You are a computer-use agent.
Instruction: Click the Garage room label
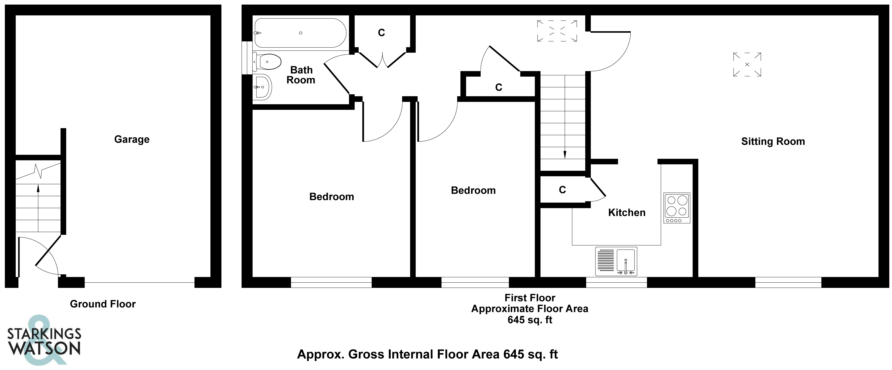132,139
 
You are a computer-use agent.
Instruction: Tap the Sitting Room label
773,141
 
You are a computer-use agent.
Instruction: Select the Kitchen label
627,213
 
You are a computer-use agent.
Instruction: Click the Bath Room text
301,75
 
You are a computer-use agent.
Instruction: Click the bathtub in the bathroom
300,33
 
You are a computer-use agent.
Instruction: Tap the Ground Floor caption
103,304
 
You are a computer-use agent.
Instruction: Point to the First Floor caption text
530,298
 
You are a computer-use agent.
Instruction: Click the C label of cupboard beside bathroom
381,33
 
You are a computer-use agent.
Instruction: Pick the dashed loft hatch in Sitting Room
747,64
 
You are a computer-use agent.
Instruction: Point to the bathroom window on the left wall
247,58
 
